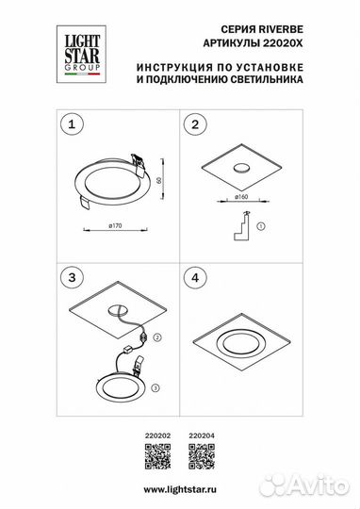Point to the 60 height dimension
click(161, 178)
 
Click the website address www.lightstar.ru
click(180, 486)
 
